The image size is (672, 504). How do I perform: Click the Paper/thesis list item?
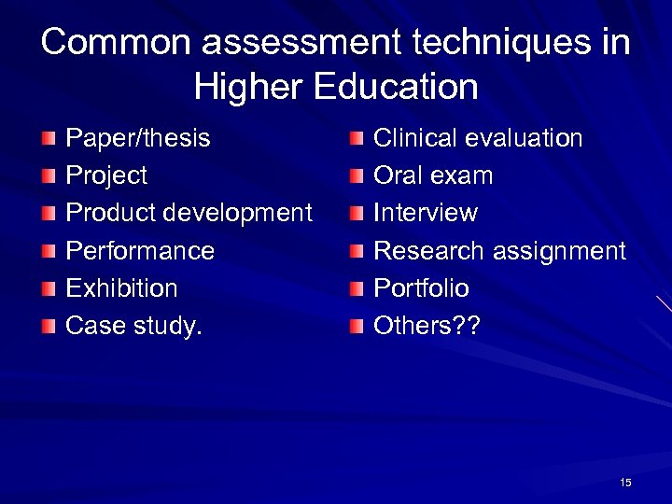click(x=138, y=139)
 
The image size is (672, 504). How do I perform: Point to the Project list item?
click(x=106, y=176)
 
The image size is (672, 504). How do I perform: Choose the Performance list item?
click(x=140, y=251)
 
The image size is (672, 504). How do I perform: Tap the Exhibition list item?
click(x=121, y=288)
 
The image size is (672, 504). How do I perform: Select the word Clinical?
click(x=416, y=139)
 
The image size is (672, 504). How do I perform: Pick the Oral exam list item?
click(x=433, y=176)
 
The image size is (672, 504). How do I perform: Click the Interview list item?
click(x=426, y=214)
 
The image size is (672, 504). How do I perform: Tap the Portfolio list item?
click(x=421, y=288)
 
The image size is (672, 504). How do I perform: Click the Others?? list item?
click(x=419, y=326)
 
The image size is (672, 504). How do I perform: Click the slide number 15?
click(x=625, y=482)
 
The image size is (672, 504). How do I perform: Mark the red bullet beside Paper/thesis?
click(x=49, y=140)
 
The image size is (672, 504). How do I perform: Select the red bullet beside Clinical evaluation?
click(x=357, y=140)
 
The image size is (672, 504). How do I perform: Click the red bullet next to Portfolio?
click(x=357, y=289)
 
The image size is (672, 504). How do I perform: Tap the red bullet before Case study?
click(x=49, y=327)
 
